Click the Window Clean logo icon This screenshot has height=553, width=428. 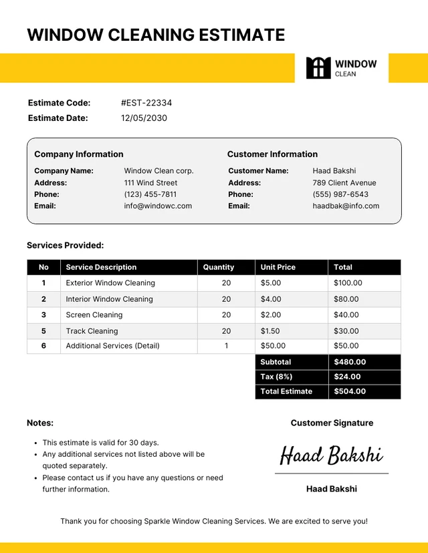click(x=318, y=68)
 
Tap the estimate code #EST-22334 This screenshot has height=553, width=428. click(x=146, y=103)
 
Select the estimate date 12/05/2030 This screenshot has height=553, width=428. click(x=144, y=118)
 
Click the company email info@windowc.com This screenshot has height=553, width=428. click(x=158, y=206)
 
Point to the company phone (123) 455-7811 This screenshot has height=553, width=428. click(x=150, y=194)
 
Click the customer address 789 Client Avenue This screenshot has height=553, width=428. click(x=344, y=182)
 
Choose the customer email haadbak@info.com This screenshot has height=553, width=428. click(x=346, y=206)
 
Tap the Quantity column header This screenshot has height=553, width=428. click(x=219, y=267)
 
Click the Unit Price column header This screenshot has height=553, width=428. click(x=278, y=267)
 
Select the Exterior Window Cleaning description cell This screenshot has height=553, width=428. click(x=110, y=283)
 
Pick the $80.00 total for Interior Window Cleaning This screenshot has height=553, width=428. click(x=346, y=299)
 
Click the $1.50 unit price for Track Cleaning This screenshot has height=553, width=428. click(x=270, y=331)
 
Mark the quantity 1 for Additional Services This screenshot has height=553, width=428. click(x=226, y=346)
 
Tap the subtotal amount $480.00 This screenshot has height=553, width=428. click(x=350, y=362)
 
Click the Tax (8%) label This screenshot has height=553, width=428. click(x=276, y=377)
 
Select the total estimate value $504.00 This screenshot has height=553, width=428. click(x=350, y=391)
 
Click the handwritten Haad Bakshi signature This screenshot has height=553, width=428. click(x=331, y=455)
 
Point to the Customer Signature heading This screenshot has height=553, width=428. click(x=332, y=423)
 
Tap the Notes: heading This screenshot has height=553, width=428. click(x=40, y=423)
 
